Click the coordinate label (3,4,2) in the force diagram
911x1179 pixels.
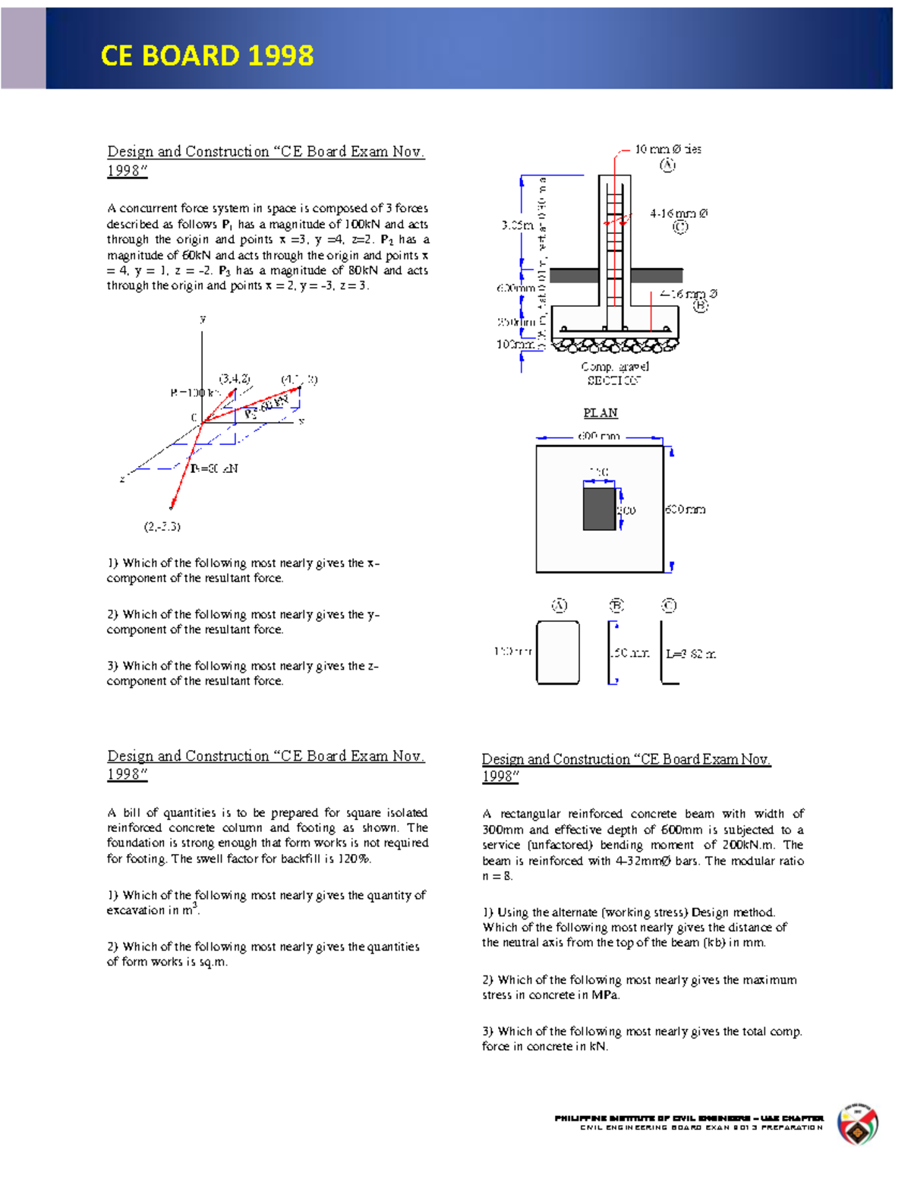point(235,379)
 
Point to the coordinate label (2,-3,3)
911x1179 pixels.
point(162,526)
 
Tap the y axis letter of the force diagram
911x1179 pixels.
point(203,320)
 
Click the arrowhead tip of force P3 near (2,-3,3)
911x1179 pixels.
point(172,507)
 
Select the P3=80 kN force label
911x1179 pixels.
point(214,468)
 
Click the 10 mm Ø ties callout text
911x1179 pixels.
point(668,150)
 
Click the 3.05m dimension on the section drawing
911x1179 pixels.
point(517,225)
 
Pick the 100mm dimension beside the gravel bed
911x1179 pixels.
point(515,344)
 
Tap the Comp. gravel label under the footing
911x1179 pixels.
point(615,367)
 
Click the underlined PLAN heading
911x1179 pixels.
point(601,413)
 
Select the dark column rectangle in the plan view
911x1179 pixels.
point(599,509)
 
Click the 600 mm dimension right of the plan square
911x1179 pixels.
point(686,509)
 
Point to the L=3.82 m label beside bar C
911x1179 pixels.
point(691,654)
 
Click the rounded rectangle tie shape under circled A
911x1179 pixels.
point(558,653)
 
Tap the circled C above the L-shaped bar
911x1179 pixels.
point(669,605)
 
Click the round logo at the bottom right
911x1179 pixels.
point(858,1124)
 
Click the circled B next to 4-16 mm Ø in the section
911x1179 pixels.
point(700,306)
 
